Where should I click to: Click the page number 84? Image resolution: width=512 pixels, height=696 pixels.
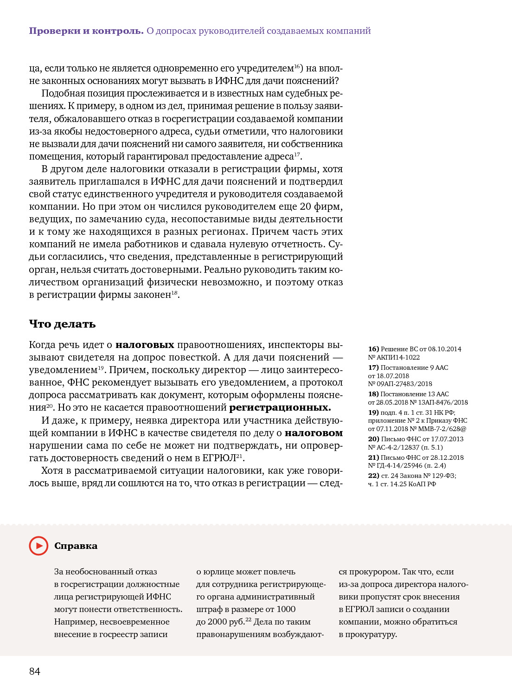coord(35,671)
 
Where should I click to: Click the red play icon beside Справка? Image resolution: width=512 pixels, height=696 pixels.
coord(38,546)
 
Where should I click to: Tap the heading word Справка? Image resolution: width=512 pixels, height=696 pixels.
coord(76,546)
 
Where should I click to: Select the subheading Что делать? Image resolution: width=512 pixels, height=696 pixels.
coord(62,324)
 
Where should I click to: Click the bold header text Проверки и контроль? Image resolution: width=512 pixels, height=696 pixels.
coord(86,31)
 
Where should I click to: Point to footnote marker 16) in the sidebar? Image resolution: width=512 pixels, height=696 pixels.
coord(373,349)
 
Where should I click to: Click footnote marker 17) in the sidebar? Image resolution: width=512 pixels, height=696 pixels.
coord(373,367)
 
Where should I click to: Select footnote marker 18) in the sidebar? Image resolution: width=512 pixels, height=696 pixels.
coord(373,394)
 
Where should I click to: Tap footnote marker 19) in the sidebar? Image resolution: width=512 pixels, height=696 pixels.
coord(373,412)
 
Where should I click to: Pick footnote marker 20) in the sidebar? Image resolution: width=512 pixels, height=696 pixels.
coord(373,439)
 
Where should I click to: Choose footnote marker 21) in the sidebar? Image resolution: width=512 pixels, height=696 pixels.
coord(373,458)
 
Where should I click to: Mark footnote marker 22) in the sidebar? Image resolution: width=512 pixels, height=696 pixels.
coord(373,476)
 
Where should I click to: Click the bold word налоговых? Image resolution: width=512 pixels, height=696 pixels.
coord(145,345)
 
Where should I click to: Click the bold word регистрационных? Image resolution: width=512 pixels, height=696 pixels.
coord(280,407)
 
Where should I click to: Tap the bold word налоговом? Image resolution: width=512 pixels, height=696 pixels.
coord(314,433)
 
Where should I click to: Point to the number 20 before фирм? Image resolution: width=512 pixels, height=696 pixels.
coord(305,206)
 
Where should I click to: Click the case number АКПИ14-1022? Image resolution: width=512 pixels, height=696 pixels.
coord(398,357)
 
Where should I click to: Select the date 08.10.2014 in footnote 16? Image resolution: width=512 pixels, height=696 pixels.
coord(444,349)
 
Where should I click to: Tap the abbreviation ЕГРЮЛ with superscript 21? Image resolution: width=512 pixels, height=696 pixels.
coord(219,458)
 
